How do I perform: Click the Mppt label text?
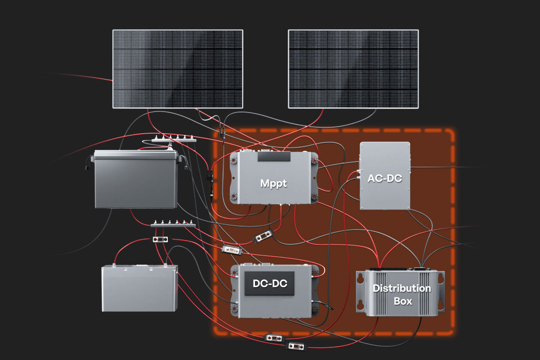tap(273, 184)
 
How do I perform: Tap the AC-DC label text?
tap(385, 178)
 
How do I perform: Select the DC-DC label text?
tap(270, 284)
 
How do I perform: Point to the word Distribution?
tap(402, 288)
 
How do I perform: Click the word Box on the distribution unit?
tap(403, 301)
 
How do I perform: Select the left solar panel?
tap(178, 69)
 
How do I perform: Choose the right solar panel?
tap(353, 69)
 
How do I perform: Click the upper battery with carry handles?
tap(135, 179)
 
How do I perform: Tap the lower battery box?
tap(140, 288)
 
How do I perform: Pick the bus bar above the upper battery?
tap(174, 139)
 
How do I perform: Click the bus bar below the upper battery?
tap(173, 224)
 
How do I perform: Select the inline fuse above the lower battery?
tap(160, 239)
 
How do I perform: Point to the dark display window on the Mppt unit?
tap(274, 156)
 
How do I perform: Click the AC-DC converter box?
tap(385, 176)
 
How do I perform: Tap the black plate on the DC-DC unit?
tap(270, 283)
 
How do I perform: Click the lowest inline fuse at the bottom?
tap(296, 347)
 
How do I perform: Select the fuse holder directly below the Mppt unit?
tap(263, 236)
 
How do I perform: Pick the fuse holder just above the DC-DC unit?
tap(232, 250)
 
